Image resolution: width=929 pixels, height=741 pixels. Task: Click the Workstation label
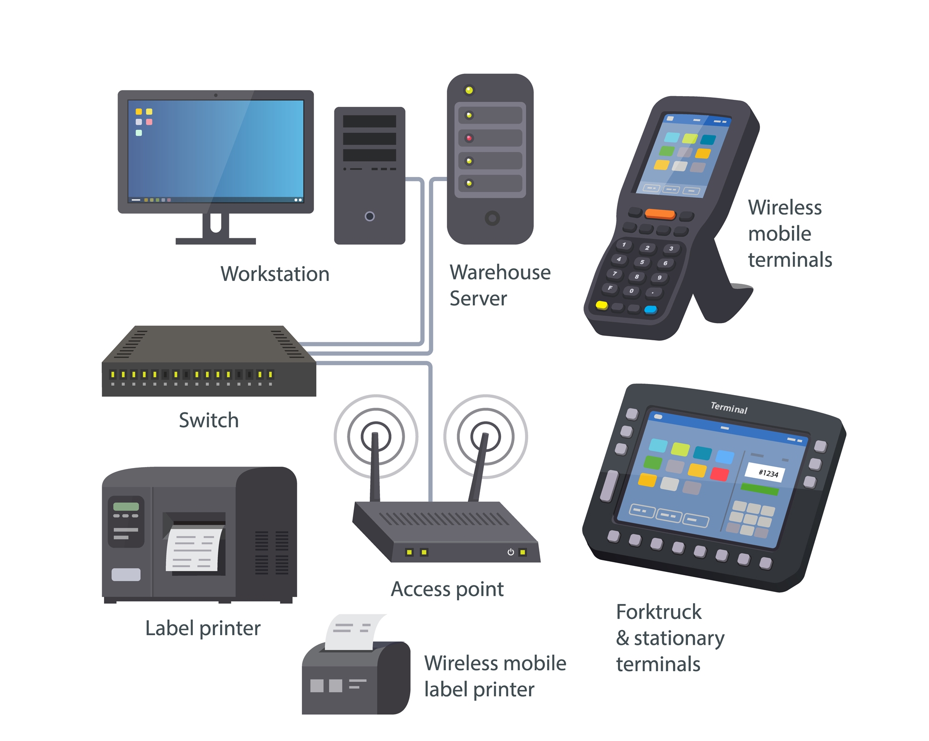(275, 273)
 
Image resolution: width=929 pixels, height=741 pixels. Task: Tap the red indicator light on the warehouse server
(469, 138)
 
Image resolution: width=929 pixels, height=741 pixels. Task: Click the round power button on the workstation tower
(370, 216)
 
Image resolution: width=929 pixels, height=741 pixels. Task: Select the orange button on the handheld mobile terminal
(660, 214)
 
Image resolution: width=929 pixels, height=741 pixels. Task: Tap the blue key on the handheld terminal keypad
(650, 309)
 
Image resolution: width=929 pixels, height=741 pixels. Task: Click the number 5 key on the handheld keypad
(642, 262)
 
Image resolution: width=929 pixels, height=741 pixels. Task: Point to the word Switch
(209, 420)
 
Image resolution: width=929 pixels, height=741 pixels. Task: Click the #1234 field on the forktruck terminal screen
(765, 473)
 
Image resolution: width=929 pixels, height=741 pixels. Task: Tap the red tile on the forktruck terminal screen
(719, 474)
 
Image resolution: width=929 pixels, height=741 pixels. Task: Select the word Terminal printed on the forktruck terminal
(729, 407)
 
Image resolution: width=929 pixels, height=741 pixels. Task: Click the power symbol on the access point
(510, 552)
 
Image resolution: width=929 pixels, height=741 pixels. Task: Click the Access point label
(447, 589)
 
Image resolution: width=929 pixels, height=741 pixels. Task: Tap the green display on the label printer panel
(126, 507)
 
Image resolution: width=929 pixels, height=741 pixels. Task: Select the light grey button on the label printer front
(126, 574)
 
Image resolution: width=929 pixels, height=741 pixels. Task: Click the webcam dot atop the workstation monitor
(216, 95)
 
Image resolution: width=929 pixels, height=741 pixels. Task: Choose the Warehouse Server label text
(500, 285)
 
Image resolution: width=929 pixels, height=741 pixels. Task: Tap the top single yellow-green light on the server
(469, 90)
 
